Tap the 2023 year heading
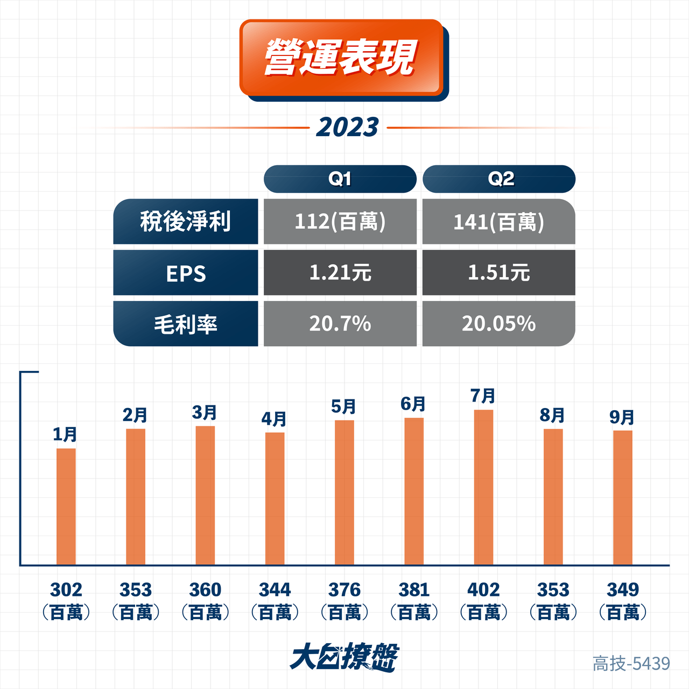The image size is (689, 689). point(348,128)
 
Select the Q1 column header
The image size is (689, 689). point(340,179)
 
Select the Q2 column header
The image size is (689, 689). point(499,179)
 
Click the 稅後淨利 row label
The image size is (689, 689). point(186,221)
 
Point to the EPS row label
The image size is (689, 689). point(186,272)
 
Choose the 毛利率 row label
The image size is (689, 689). point(186,324)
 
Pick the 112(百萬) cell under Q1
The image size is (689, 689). point(340,221)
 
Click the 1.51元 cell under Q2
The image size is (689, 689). point(499,272)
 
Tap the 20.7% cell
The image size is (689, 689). point(340,324)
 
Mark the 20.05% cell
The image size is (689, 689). point(499,324)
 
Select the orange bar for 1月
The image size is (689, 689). point(66,507)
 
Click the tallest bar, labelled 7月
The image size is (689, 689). point(483,487)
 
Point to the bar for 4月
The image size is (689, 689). point(275,499)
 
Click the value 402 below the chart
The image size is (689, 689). point(483,589)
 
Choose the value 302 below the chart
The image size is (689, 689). point(66,589)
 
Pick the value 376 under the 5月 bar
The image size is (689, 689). point(344,589)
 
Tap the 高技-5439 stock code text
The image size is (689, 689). point(631,664)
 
